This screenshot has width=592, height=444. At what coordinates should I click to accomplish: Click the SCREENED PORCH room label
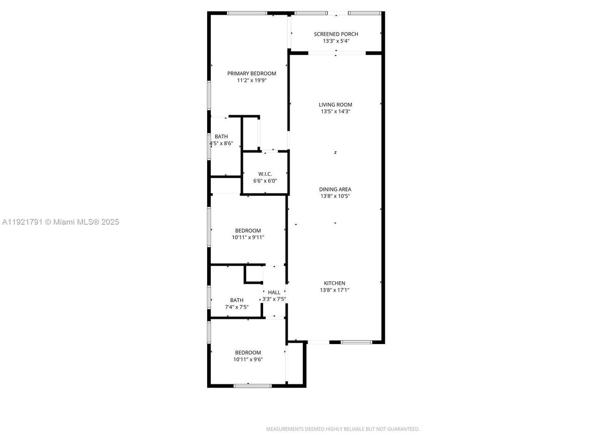point(336,34)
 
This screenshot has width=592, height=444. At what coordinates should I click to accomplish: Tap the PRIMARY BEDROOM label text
point(252,73)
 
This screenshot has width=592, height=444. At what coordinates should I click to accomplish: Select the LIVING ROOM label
point(335,105)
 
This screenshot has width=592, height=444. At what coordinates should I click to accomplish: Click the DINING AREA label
point(335,189)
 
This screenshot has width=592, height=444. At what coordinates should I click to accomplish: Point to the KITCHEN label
point(334,283)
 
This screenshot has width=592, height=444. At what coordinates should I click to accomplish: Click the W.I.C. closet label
point(265,174)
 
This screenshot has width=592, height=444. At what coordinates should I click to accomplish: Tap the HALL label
point(274,292)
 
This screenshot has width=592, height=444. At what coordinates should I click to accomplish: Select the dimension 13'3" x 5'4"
point(336,41)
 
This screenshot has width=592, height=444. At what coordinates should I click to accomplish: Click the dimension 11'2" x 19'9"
point(252,80)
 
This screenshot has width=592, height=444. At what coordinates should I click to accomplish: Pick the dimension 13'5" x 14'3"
point(335,111)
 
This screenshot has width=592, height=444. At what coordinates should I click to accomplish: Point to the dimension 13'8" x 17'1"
point(334,290)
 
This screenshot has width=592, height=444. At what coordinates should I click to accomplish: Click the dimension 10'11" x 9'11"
point(248,237)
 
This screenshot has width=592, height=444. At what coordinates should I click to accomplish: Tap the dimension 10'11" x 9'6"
point(248,359)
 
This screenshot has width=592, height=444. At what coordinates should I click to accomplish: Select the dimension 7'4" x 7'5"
point(237,307)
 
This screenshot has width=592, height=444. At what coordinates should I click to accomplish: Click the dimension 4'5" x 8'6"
point(221,143)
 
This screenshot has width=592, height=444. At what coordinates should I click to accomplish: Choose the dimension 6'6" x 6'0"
point(265,181)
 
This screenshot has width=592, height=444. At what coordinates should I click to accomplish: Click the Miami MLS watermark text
point(61,222)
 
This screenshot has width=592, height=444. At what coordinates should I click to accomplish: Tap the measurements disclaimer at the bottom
point(343,429)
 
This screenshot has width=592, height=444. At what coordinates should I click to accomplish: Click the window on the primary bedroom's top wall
point(247,13)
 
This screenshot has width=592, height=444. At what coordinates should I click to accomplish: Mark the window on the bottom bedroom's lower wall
point(252,385)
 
